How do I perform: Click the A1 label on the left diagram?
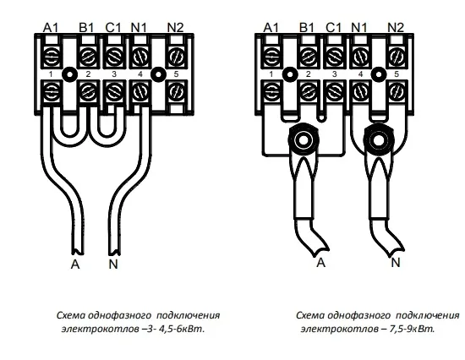click(x=51, y=28)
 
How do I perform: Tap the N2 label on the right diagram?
click(x=396, y=28)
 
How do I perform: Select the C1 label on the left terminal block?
click(x=113, y=28)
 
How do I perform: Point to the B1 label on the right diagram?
click(x=307, y=28)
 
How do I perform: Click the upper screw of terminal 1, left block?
click(x=51, y=57)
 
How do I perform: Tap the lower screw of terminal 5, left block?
click(x=177, y=91)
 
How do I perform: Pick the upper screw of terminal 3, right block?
click(x=335, y=57)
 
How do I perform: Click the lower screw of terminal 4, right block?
click(x=361, y=91)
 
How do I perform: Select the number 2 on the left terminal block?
click(x=88, y=74)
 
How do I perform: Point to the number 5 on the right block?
click(x=397, y=74)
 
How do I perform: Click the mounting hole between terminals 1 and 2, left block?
click(x=69, y=74)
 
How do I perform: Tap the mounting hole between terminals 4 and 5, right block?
click(x=378, y=74)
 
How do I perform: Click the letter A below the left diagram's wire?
click(x=75, y=264)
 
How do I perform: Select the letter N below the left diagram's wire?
click(x=113, y=264)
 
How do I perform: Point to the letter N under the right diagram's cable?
click(x=396, y=263)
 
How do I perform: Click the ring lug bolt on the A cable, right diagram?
click(x=303, y=139)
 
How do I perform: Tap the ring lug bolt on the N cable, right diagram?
click(x=378, y=139)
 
